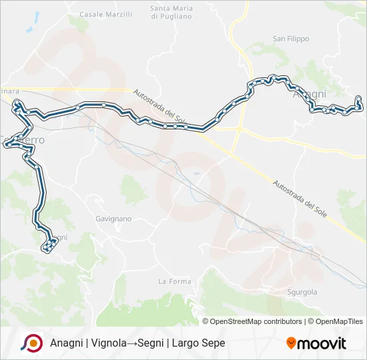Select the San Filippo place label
[291, 39]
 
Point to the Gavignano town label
[113, 218]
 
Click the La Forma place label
[175, 281]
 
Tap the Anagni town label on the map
[310, 95]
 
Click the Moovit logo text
[322, 343]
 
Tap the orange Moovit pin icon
[291, 343]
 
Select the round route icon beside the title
[31, 343]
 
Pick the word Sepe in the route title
[212, 343]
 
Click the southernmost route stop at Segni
[46, 250]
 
